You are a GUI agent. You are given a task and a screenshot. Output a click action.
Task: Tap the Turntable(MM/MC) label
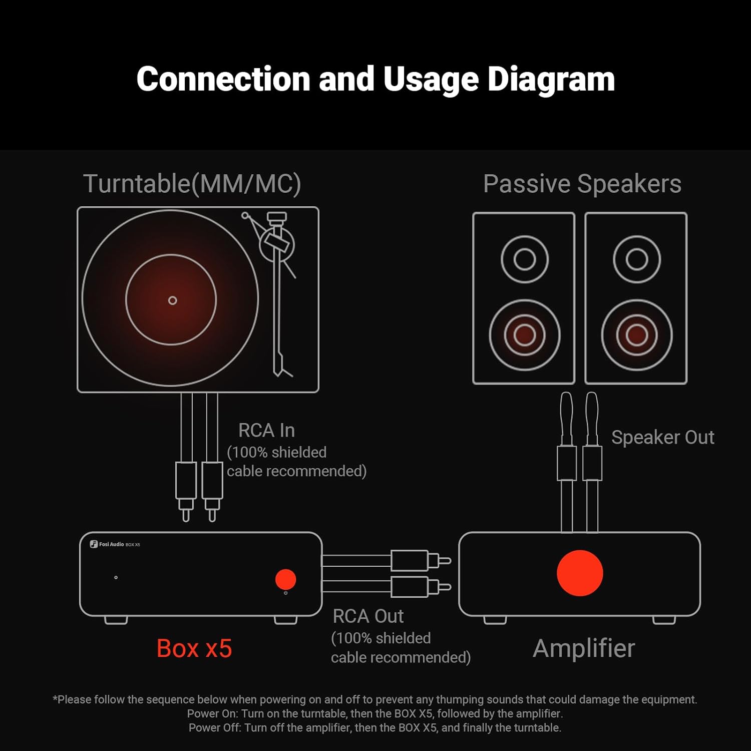[x=192, y=184]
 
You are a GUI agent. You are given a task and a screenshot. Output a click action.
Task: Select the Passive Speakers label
[x=582, y=184]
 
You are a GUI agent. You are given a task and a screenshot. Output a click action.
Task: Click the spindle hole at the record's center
[x=172, y=300]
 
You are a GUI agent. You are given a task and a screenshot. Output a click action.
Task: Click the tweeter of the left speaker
[x=524, y=259]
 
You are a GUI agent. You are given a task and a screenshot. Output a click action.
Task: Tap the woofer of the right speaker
[x=636, y=334]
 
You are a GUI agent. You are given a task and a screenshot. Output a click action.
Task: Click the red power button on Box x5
[x=285, y=579]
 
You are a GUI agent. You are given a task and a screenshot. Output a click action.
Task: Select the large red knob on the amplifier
[x=580, y=573]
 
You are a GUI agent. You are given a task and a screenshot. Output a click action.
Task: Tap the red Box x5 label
[x=194, y=648]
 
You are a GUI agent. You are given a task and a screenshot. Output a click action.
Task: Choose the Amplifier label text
[x=584, y=648]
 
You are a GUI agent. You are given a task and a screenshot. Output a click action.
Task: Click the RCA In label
[x=266, y=431]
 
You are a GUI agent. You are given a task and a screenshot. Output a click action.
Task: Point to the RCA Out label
[x=368, y=616]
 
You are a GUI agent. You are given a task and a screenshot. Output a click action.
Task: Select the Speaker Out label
[x=662, y=438]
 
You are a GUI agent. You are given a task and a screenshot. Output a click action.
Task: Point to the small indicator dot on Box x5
[x=116, y=577]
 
